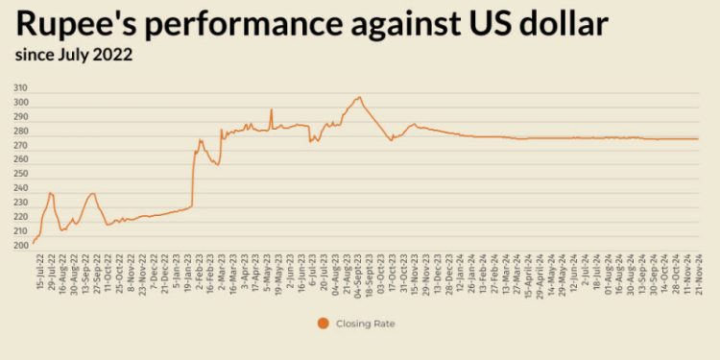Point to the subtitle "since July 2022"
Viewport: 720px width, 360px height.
(x=73, y=55)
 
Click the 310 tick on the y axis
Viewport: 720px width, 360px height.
(x=20, y=88)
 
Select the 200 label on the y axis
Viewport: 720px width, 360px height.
(x=20, y=246)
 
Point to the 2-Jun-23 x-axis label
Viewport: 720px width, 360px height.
(x=291, y=271)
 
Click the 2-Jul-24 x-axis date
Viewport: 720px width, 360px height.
(x=586, y=271)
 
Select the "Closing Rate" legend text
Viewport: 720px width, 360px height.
(x=366, y=324)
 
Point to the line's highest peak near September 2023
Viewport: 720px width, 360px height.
(x=359, y=97)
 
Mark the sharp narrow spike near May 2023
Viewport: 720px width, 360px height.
(x=272, y=109)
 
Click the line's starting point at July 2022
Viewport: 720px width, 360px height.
(x=34, y=243)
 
